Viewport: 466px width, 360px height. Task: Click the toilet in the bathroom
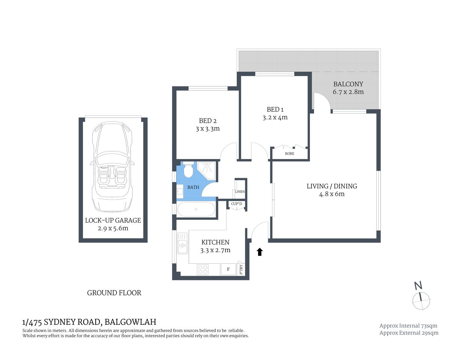point(188,171)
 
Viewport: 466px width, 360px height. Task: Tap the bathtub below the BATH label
point(195,209)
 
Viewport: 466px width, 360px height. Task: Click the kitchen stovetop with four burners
point(203,269)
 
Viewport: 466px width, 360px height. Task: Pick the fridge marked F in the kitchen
point(228,269)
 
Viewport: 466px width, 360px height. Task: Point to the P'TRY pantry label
point(241,269)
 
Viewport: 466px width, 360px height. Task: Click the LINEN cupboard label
point(240,192)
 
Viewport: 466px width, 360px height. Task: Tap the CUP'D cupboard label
point(237,204)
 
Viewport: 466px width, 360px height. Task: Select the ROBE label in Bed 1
point(290,154)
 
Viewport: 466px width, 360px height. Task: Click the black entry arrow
point(259,252)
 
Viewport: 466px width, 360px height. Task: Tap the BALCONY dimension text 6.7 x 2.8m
point(348,92)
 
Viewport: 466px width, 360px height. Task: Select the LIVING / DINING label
point(332,186)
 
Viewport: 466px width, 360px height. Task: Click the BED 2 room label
point(207,121)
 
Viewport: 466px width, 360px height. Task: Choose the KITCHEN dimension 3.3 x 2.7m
point(215,250)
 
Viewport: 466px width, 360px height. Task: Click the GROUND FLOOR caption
point(114,293)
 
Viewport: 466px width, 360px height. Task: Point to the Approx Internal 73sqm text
point(408,325)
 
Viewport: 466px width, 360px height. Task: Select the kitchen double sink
point(182,244)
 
